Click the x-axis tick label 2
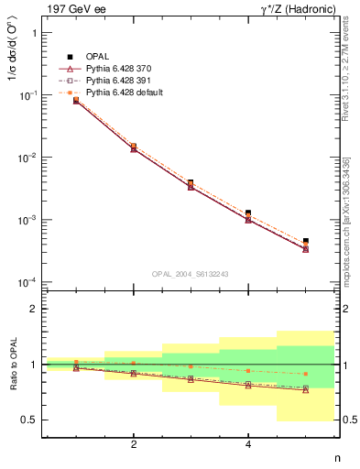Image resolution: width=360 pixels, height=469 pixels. (134, 444)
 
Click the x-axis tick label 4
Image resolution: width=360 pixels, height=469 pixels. (248, 444)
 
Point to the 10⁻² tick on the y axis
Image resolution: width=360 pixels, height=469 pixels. (27, 158)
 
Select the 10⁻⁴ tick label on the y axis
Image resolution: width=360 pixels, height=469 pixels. (27, 282)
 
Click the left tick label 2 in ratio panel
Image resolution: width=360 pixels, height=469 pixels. (33, 309)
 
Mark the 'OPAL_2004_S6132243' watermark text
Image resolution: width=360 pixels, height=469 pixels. (190, 273)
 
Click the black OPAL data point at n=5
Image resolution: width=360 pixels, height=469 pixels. (305, 241)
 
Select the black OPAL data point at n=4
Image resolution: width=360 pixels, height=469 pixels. (248, 213)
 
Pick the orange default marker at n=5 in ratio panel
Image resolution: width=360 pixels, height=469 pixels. (305, 374)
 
